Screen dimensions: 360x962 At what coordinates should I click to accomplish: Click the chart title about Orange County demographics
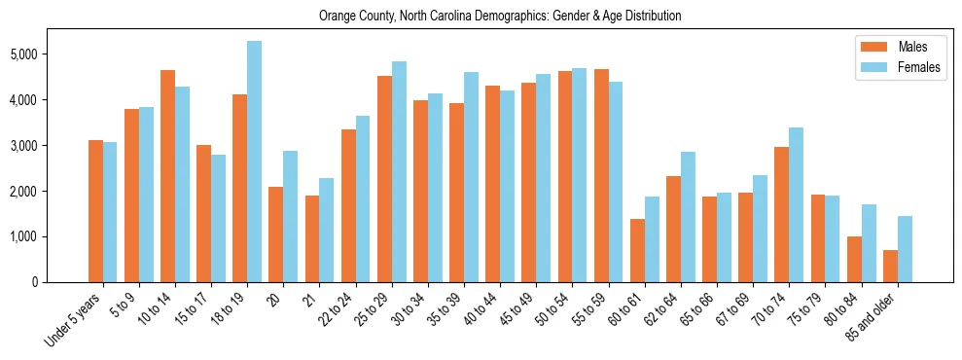(500, 17)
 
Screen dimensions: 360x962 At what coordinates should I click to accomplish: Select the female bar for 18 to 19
(254, 162)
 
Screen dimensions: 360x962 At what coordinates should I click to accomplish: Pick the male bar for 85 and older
(890, 266)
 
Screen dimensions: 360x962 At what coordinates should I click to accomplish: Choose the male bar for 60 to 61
(637, 250)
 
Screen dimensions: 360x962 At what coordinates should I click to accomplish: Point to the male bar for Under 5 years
(95, 211)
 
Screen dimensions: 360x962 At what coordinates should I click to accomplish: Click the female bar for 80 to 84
(869, 243)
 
